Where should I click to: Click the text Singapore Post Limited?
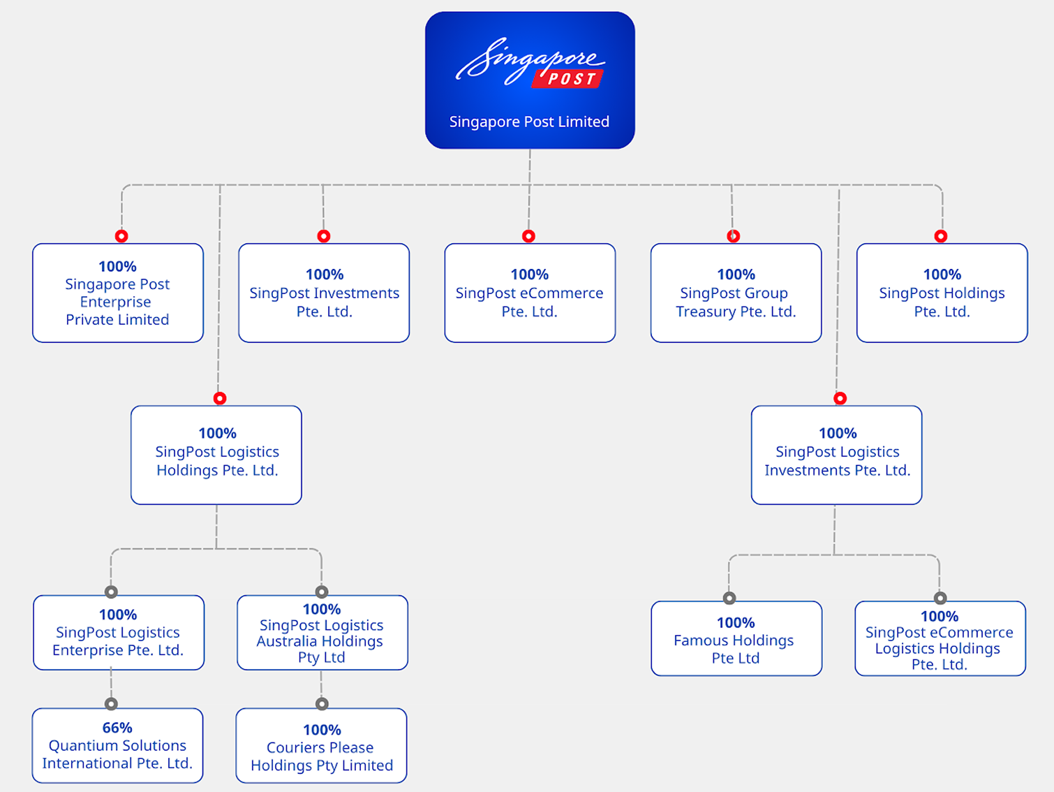[529, 122]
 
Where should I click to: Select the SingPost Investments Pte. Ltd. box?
[324, 293]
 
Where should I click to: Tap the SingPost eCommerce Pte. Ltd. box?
[530, 293]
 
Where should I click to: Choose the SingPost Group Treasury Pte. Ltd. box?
[736, 293]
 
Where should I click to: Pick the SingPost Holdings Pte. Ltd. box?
[942, 293]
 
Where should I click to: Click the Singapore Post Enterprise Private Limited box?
[118, 293]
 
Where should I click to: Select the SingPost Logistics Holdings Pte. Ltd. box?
[216, 455]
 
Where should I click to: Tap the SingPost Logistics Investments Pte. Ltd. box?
[836, 455]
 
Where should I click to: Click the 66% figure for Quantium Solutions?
[117, 728]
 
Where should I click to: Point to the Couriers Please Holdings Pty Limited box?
[321, 746]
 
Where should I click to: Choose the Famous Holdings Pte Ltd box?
[736, 638]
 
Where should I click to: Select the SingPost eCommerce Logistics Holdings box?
[940, 638]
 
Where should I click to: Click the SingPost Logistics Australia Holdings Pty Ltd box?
[322, 633]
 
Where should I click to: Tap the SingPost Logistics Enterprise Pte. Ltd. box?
[118, 633]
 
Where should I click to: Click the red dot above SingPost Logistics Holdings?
[220, 398]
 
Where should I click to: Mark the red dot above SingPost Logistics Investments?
[840, 398]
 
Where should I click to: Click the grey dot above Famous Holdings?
[729, 598]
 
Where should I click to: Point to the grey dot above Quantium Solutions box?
[111, 703]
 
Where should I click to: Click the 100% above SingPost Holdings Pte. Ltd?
[942, 274]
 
